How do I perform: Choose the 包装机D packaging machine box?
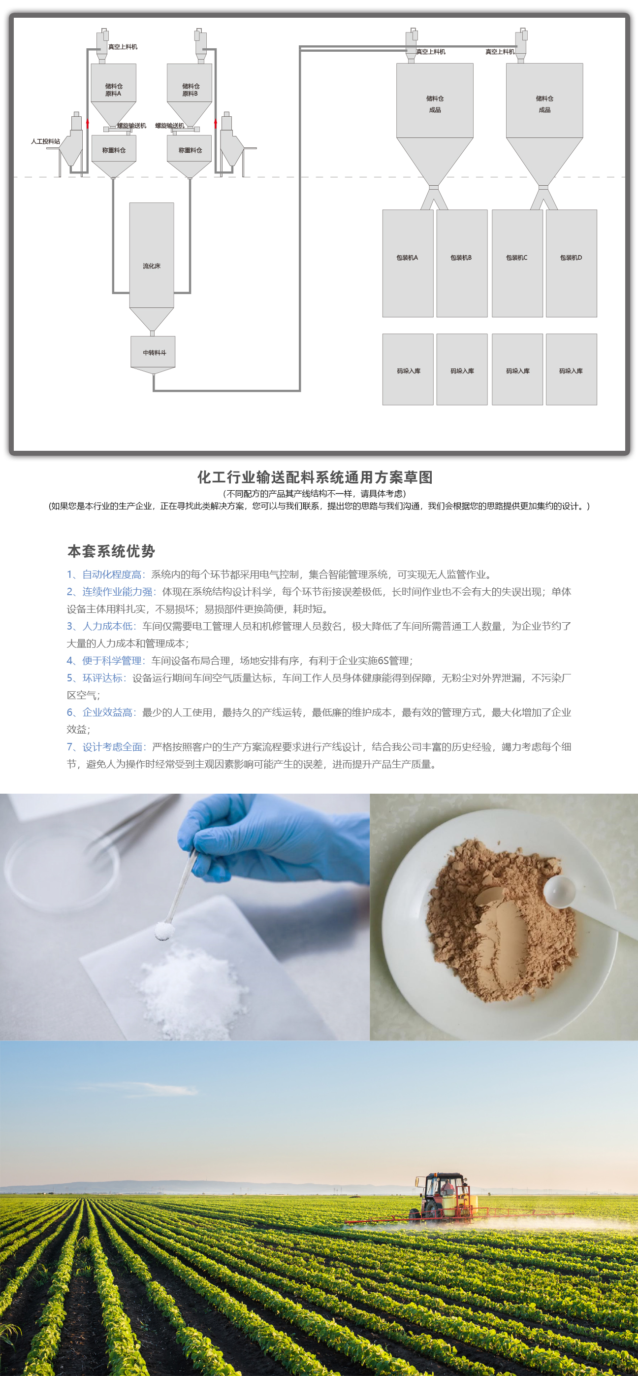(x=571, y=264)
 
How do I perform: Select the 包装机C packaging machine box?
(x=517, y=264)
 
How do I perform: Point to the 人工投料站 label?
(x=45, y=141)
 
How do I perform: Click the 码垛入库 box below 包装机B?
(x=462, y=369)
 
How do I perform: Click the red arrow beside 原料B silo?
(x=216, y=123)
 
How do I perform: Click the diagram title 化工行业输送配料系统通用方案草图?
(x=315, y=477)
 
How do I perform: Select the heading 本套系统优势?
(x=111, y=551)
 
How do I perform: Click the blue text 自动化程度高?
(x=112, y=574)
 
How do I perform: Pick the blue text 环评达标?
(x=102, y=678)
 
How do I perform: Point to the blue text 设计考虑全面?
(x=112, y=747)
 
